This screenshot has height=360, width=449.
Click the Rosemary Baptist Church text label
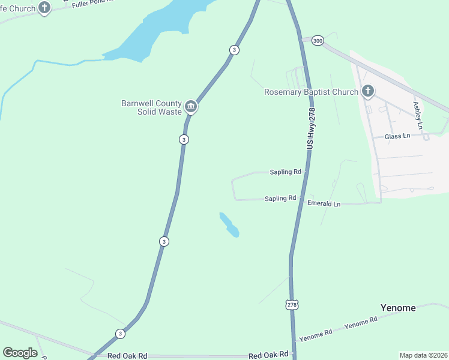pos(311,92)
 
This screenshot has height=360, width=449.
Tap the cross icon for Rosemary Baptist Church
pos(368,92)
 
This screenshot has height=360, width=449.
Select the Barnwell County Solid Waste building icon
pos(191,107)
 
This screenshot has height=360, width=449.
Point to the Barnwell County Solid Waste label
pos(151,107)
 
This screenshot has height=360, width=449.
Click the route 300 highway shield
pos(318,40)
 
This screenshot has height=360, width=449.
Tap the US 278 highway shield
pos(292,305)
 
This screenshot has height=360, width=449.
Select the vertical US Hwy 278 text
pos(310,127)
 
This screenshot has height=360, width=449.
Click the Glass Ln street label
pos(397,136)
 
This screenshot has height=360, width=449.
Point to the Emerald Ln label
pos(324,204)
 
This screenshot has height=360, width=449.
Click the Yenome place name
pos(398,308)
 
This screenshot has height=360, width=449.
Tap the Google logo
pos(20,353)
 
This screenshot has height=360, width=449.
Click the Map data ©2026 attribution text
pos(423,355)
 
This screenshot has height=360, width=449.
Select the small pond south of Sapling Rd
pos(229,224)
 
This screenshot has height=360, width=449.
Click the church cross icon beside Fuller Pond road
pos(44,8)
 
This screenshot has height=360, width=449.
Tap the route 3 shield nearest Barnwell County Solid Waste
pos(184,139)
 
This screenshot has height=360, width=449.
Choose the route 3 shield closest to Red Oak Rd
pos(121,334)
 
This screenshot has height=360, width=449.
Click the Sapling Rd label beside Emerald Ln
pos(280,198)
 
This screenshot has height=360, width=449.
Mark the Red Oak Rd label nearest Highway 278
pos(268,355)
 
